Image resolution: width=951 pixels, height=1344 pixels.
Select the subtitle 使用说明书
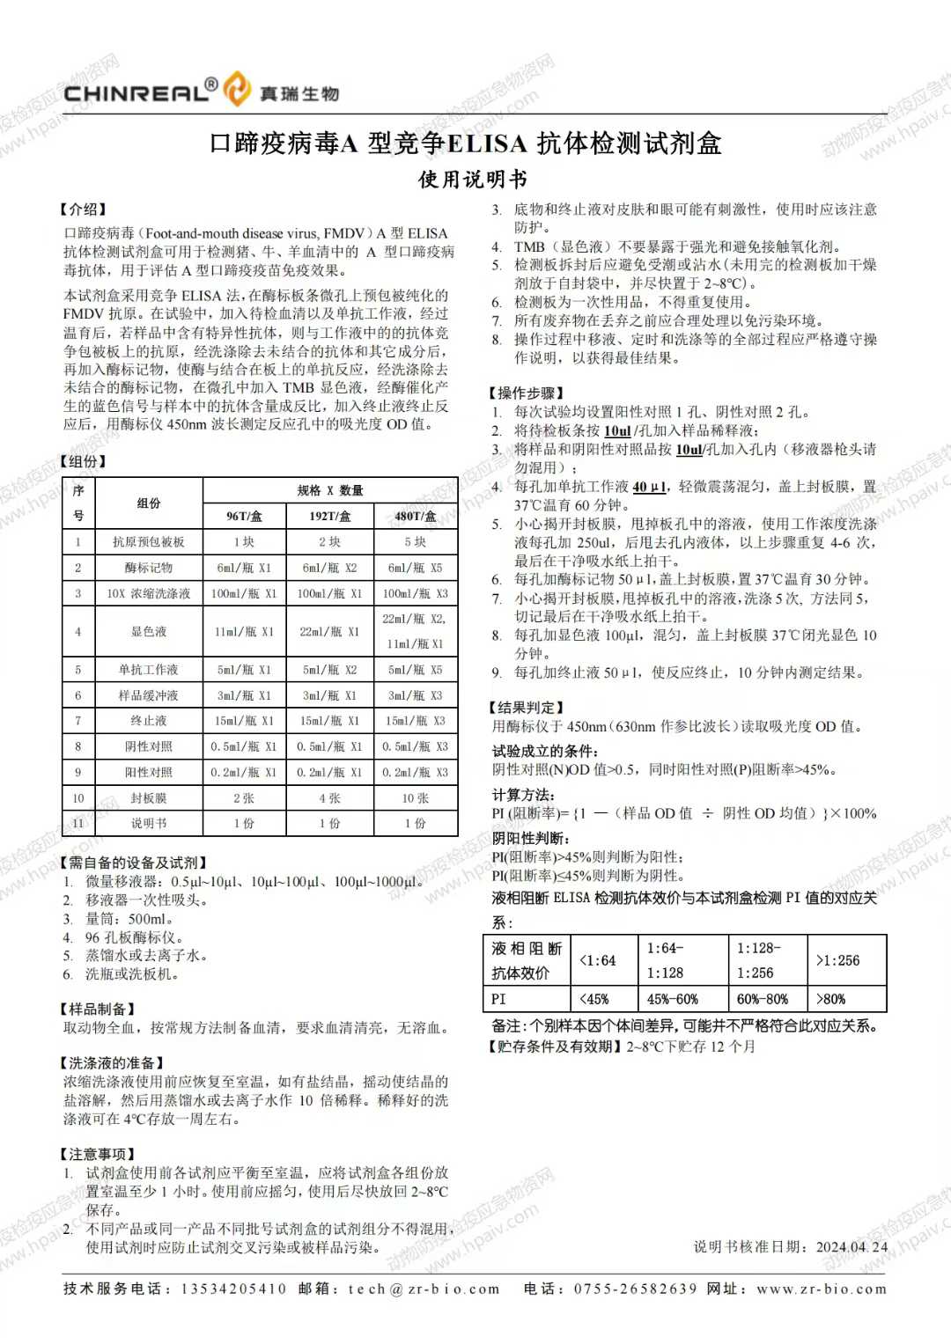pyautogui.click(x=473, y=180)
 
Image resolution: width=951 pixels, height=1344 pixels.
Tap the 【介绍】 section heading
pyautogui.click(x=83, y=209)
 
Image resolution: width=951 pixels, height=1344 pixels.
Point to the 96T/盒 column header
pyautogui.click(x=245, y=517)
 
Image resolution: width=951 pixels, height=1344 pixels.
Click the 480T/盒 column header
pyautogui.click(x=415, y=517)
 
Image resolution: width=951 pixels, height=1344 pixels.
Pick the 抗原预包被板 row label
pyautogui.click(x=149, y=542)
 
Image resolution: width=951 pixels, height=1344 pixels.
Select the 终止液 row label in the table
pyautogui.click(x=149, y=721)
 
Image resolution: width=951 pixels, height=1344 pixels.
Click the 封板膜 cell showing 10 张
pyautogui.click(x=415, y=798)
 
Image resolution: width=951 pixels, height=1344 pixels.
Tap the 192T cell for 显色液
pyautogui.click(x=330, y=632)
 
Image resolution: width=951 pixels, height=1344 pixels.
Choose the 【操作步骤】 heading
pyautogui.click(x=526, y=393)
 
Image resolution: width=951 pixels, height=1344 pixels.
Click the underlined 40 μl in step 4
pyautogui.click(x=649, y=487)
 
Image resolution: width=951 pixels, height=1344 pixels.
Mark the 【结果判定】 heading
pyautogui.click(x=526, y=707)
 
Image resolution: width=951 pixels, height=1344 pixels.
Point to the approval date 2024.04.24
pyautogui.click(x=851, y=1246)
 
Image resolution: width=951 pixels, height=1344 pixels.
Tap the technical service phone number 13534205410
pyautogui.click(x=233, y=1289)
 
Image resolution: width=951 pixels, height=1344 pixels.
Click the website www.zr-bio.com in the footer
pyautogui.click(x=822, y=1289)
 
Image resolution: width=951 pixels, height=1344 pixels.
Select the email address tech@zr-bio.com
pyautogui.click(x=424, y=1289)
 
